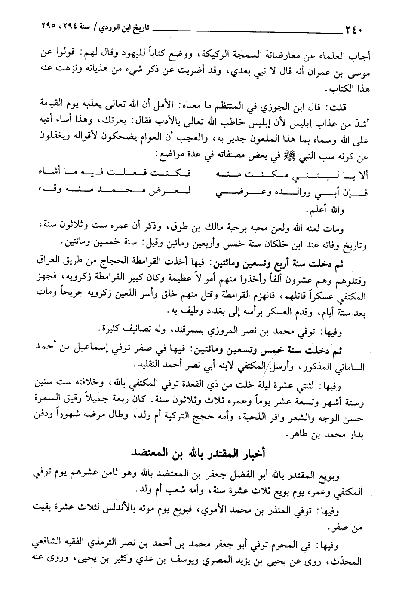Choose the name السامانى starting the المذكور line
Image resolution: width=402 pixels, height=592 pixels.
click(x=347, y=366)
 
